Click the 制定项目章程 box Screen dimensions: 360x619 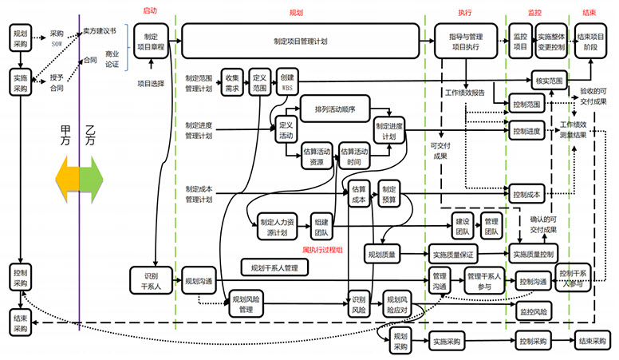[149, 42]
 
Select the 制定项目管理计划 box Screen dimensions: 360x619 [300, 40]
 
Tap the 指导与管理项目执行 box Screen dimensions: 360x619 [466, 42]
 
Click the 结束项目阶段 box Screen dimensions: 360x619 [591, 42]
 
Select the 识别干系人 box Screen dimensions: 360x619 [148, 279]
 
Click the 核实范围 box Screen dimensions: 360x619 [549, 81]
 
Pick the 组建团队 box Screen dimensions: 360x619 [321, 228]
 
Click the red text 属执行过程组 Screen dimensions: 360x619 [322, 250]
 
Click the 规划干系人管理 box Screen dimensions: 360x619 [274, 267]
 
